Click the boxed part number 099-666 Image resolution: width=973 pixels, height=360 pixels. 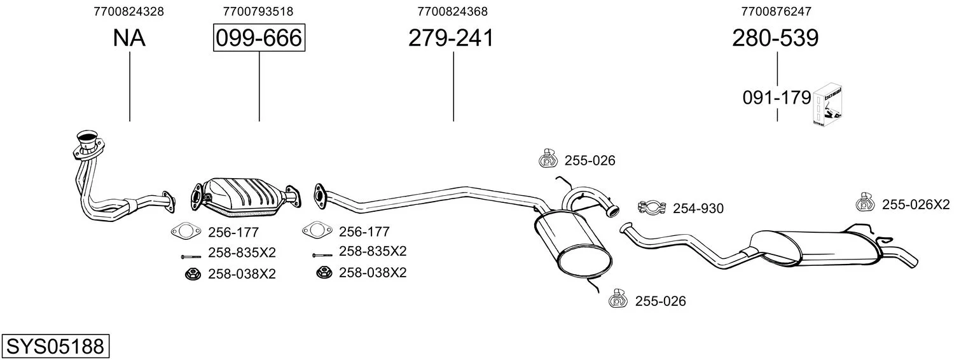[x=259, y=38]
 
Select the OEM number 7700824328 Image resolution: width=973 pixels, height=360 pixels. [x=128, y=11]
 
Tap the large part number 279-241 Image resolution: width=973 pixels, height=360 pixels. [x=451, y=38]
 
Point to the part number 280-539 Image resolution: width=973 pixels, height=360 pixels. [x=775, y=38]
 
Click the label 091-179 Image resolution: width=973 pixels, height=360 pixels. [x=776, y=98]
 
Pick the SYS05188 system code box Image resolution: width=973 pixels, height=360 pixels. [x=55, y=346]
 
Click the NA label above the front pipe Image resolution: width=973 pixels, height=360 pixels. [x=129, y=38]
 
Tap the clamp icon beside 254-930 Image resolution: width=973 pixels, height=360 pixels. [x=652, y=207]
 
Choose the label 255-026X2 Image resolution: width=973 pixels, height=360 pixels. [x=916, y=204]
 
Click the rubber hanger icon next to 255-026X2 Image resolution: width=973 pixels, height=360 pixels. [x=865, y=202]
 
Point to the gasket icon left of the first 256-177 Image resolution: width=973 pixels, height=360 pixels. [x=186, y=231]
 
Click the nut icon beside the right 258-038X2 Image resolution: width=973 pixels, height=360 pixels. [x=324, y=273]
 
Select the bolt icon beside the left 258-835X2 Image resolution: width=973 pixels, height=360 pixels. [x=191, y=257]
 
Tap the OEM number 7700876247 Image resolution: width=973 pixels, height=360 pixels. [x=776, y=11]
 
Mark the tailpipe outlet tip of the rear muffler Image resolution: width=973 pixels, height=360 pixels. [x=913, y=262]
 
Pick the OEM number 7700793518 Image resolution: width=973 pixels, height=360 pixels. [x=258, y=11]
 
